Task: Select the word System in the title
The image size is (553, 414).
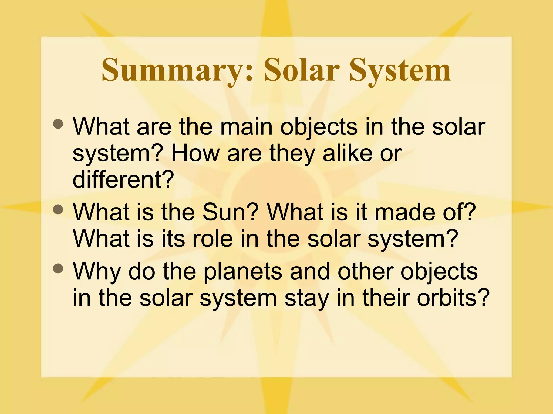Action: [400, 71]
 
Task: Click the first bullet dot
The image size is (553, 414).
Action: [58, 124]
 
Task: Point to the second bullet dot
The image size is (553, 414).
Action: [58, 209]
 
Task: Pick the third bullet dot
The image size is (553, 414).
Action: [58, 268]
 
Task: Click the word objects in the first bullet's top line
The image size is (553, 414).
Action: [319, 127]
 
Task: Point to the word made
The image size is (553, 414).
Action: [405, 212]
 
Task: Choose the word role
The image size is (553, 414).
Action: [213, 239]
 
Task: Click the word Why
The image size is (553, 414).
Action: [97, 272]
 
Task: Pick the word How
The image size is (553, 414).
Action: [196, 154]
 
